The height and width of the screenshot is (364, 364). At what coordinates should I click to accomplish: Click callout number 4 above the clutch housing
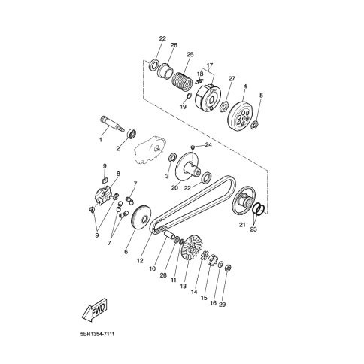coord(245,86)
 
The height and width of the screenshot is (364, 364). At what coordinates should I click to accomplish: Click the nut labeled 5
coord(255,123)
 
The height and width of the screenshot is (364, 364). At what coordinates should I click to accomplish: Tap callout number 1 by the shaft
coord(101,140)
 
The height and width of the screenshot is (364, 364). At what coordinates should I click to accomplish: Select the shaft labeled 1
coord(113,123)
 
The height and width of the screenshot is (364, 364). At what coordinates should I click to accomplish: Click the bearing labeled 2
coord(132,133)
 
